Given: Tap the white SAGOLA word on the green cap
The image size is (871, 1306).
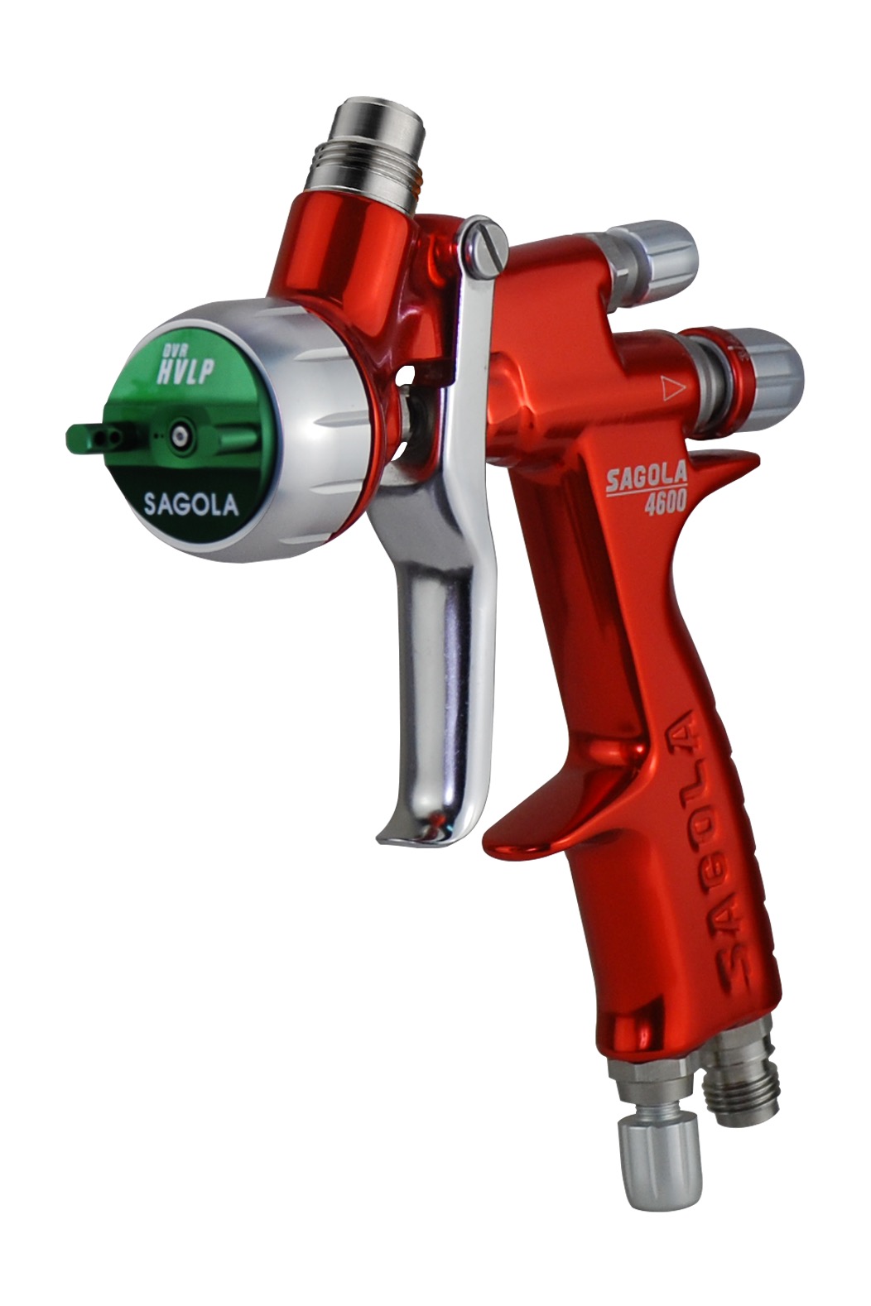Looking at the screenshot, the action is (191, 505).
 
